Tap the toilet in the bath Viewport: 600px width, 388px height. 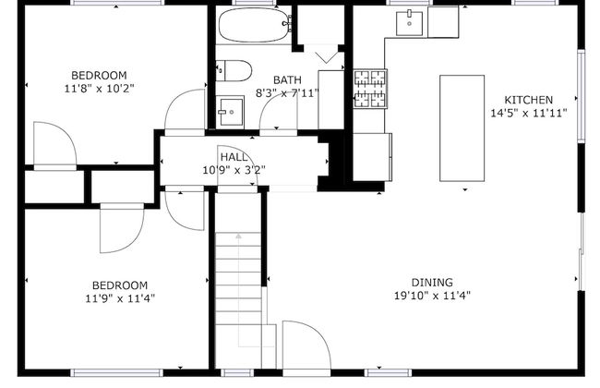pyautogui.click(x=234, y=70)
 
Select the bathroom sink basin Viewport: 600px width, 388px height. pyautogui.click(x=230, y=112)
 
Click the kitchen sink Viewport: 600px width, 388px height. pyautogui.click(x=409, y=23)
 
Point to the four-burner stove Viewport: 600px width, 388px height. pyautogui.click(x=370, y=89)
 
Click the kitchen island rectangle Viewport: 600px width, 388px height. pyautogui.click(x=462, y=127)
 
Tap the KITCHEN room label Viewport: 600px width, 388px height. pyautogui.click(x=528, y=100)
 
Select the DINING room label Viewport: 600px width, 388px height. pyautogui.click(x=432, y=283)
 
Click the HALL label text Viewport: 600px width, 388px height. pyautogui.click(x=234, y=157)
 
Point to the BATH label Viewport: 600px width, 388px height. pyautogui.click(x=287, y=80)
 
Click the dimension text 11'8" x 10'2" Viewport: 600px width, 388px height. pyautogui.click(x=99, y=89)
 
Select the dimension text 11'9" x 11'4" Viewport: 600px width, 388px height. pyautogui.click(x=120, y=298)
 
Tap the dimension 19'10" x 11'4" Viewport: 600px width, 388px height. pyautogui.click(x=432, y=296)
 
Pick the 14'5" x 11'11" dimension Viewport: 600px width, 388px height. pyautogui.click(x=529, y=113)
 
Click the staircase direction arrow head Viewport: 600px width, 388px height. pyautogui.click(x=239, y=236)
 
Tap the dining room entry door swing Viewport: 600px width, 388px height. pyautogui.click(x=306, y=345)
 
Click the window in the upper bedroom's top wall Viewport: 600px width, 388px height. pyautogui.click(x=117, y=3)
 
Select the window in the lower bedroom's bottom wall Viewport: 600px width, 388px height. pyautogui.click(x=117, y=372)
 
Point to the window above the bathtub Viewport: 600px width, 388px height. pyautogui.click(x=256, y=3)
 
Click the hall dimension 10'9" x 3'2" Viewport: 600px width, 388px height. pyautogui.click(x=234, y=170)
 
